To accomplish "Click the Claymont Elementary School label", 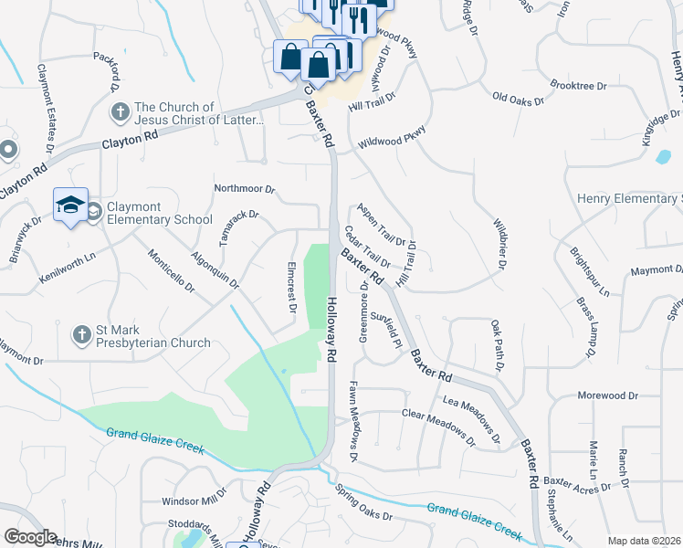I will pyautogui.click(x=159, y=213).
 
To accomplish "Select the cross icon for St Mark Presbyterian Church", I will pyautogui.click(x=82, y=336).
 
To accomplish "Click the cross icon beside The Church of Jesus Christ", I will pyautogui.click(x=120, y=112).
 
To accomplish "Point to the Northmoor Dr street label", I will pyautogui.click(x=244, y=188).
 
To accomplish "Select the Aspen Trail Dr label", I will pyautogui.click(x=381, y=225).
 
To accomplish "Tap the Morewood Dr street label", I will pyautogui.click(x=607, y=395).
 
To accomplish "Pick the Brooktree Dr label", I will pyautogui.click(x=579, y=86).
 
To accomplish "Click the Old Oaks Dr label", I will pyautogui.click(x=517, y=97).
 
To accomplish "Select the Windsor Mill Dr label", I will pyautogui.click(x=194, y=501).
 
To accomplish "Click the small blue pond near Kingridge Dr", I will pyautogui.click(x=662, y=155).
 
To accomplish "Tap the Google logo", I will pyautogui.click(x=29, y=537).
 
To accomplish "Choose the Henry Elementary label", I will pyautogui.click(x=629, y=198).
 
